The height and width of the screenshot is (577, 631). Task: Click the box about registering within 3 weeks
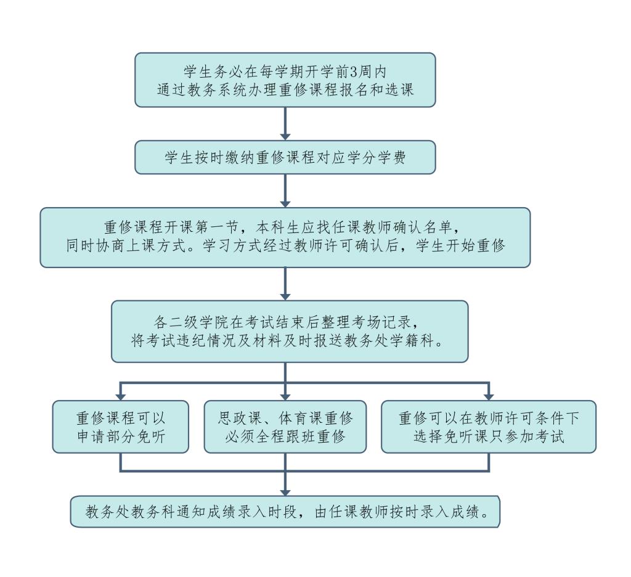point(285,80)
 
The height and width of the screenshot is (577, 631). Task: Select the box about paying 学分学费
point(285,157)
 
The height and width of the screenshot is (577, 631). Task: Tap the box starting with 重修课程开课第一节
point(285,237)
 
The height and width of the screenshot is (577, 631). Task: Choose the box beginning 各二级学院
point(289,331)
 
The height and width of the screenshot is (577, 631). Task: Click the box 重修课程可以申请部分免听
point(120,427)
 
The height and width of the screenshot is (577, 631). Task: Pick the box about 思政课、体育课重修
point(285,427)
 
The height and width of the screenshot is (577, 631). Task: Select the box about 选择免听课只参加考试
point(489,427)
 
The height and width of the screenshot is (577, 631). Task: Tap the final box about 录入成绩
point(285,512)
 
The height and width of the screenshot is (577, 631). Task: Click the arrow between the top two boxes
point(285,124)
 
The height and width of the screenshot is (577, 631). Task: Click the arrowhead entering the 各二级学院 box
point(285,294)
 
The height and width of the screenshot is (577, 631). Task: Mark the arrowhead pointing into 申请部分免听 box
point(120,395)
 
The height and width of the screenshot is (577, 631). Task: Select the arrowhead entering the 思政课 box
point(285,395)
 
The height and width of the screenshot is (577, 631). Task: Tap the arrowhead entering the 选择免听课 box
point(489,395)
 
